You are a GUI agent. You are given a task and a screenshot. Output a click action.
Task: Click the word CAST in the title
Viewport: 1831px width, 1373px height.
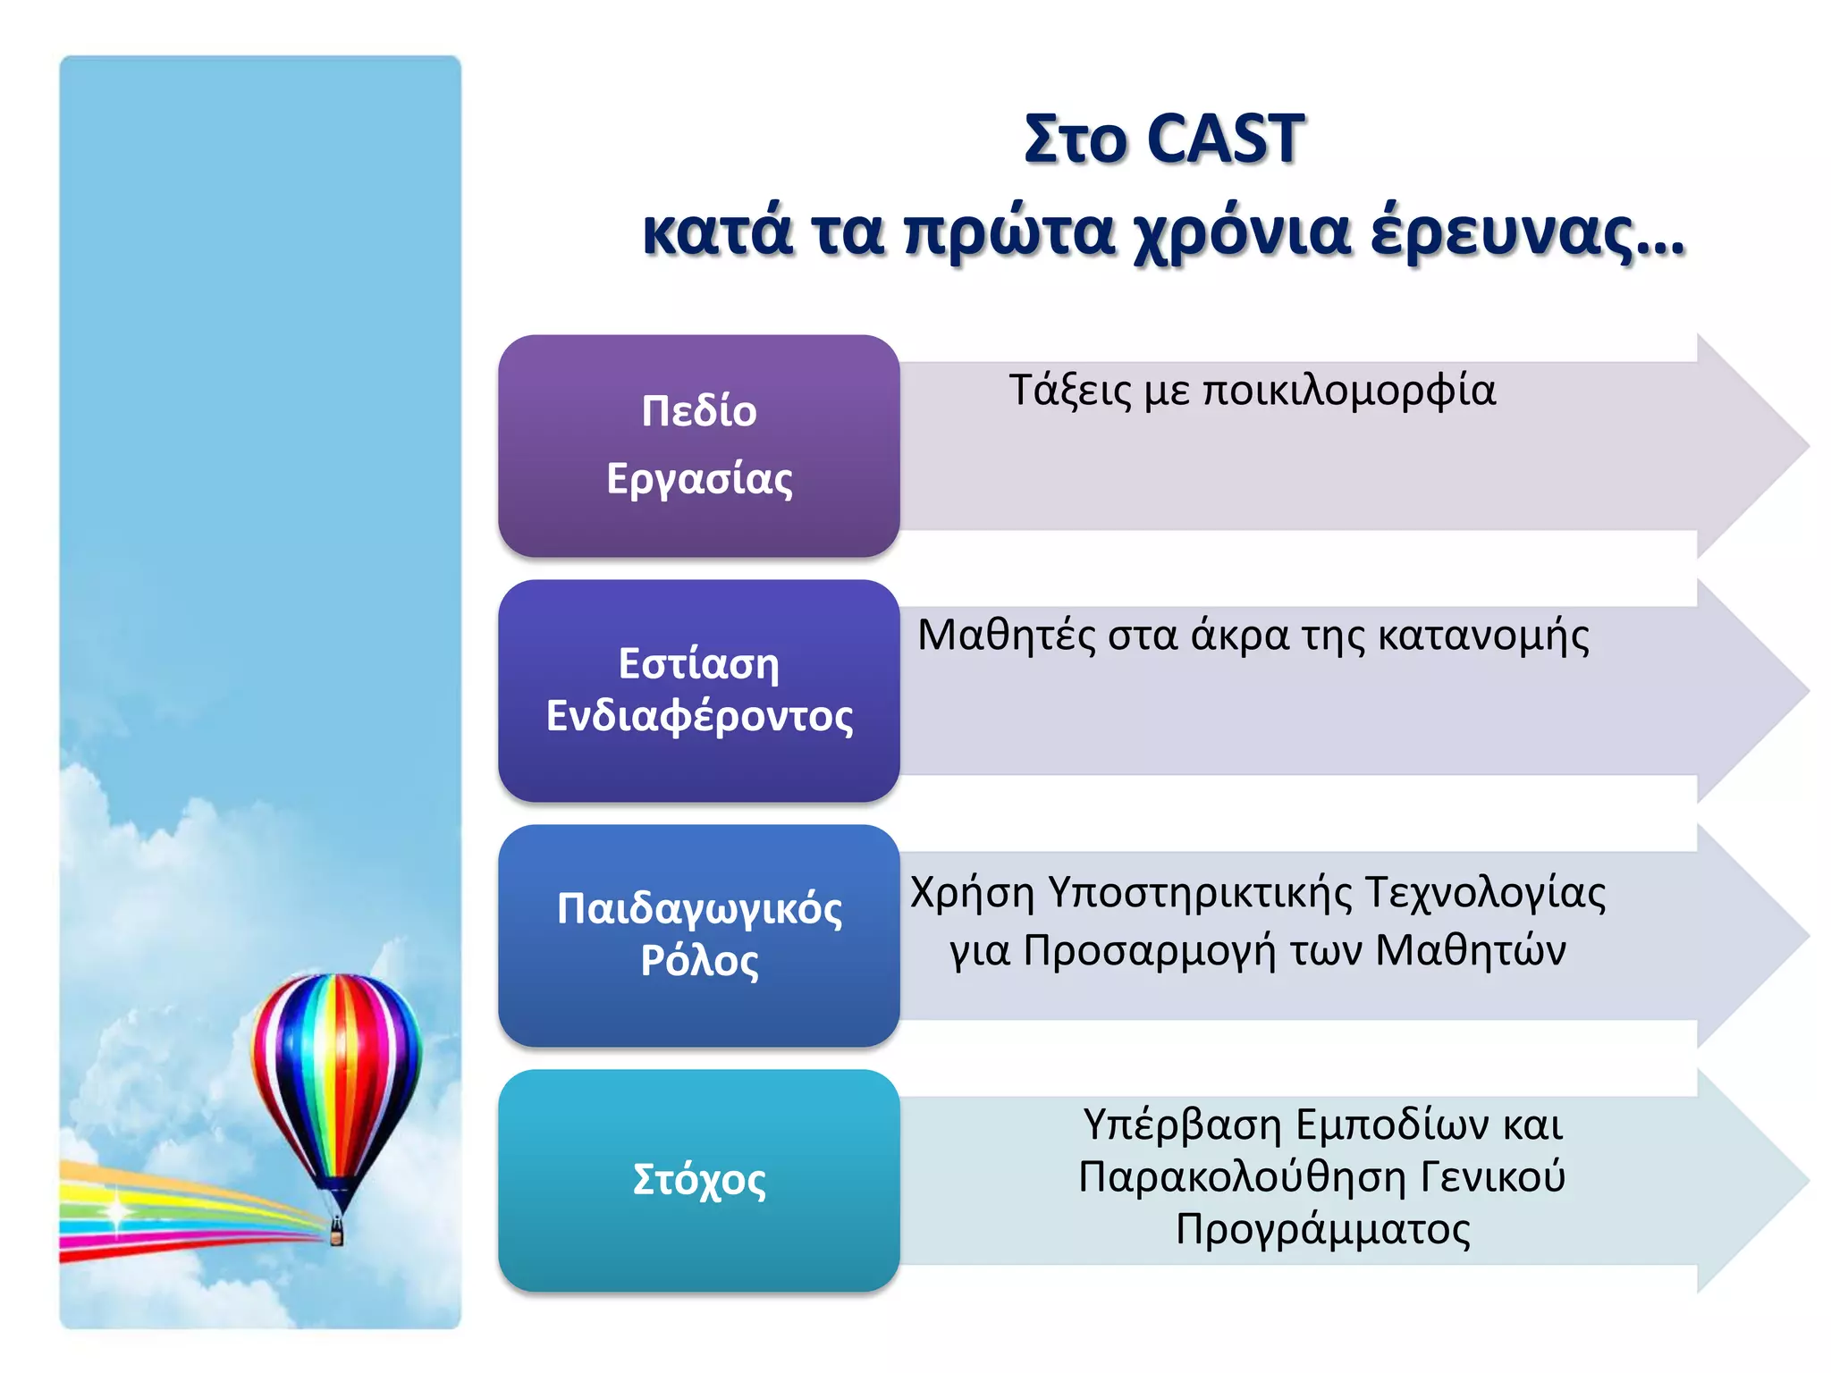pos(1225,139)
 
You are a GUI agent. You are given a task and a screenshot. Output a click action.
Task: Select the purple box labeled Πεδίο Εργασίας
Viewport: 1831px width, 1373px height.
pos(699,445)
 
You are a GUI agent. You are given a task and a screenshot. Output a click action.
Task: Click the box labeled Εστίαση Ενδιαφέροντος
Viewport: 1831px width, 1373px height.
pos(699,690)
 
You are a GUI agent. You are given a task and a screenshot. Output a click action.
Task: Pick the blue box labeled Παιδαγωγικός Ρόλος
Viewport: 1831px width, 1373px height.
pos(699,935)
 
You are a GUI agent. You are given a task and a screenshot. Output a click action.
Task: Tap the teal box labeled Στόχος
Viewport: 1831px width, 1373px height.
pos(699,1180)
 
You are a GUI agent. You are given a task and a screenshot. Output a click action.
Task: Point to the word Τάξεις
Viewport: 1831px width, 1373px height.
pos(1070,392)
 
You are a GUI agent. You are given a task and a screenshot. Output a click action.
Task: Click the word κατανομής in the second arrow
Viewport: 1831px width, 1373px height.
pos(1483,636)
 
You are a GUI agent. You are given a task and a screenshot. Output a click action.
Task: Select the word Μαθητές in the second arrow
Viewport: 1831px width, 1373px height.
pos(1006,636)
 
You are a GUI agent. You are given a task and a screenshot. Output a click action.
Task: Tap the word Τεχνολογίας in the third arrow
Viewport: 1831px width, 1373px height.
pos(1485,893)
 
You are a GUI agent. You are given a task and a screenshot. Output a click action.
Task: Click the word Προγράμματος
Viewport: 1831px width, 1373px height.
pos(1322,1230)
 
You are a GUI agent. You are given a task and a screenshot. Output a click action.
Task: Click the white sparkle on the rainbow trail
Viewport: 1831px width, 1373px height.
pos(117,1211)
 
